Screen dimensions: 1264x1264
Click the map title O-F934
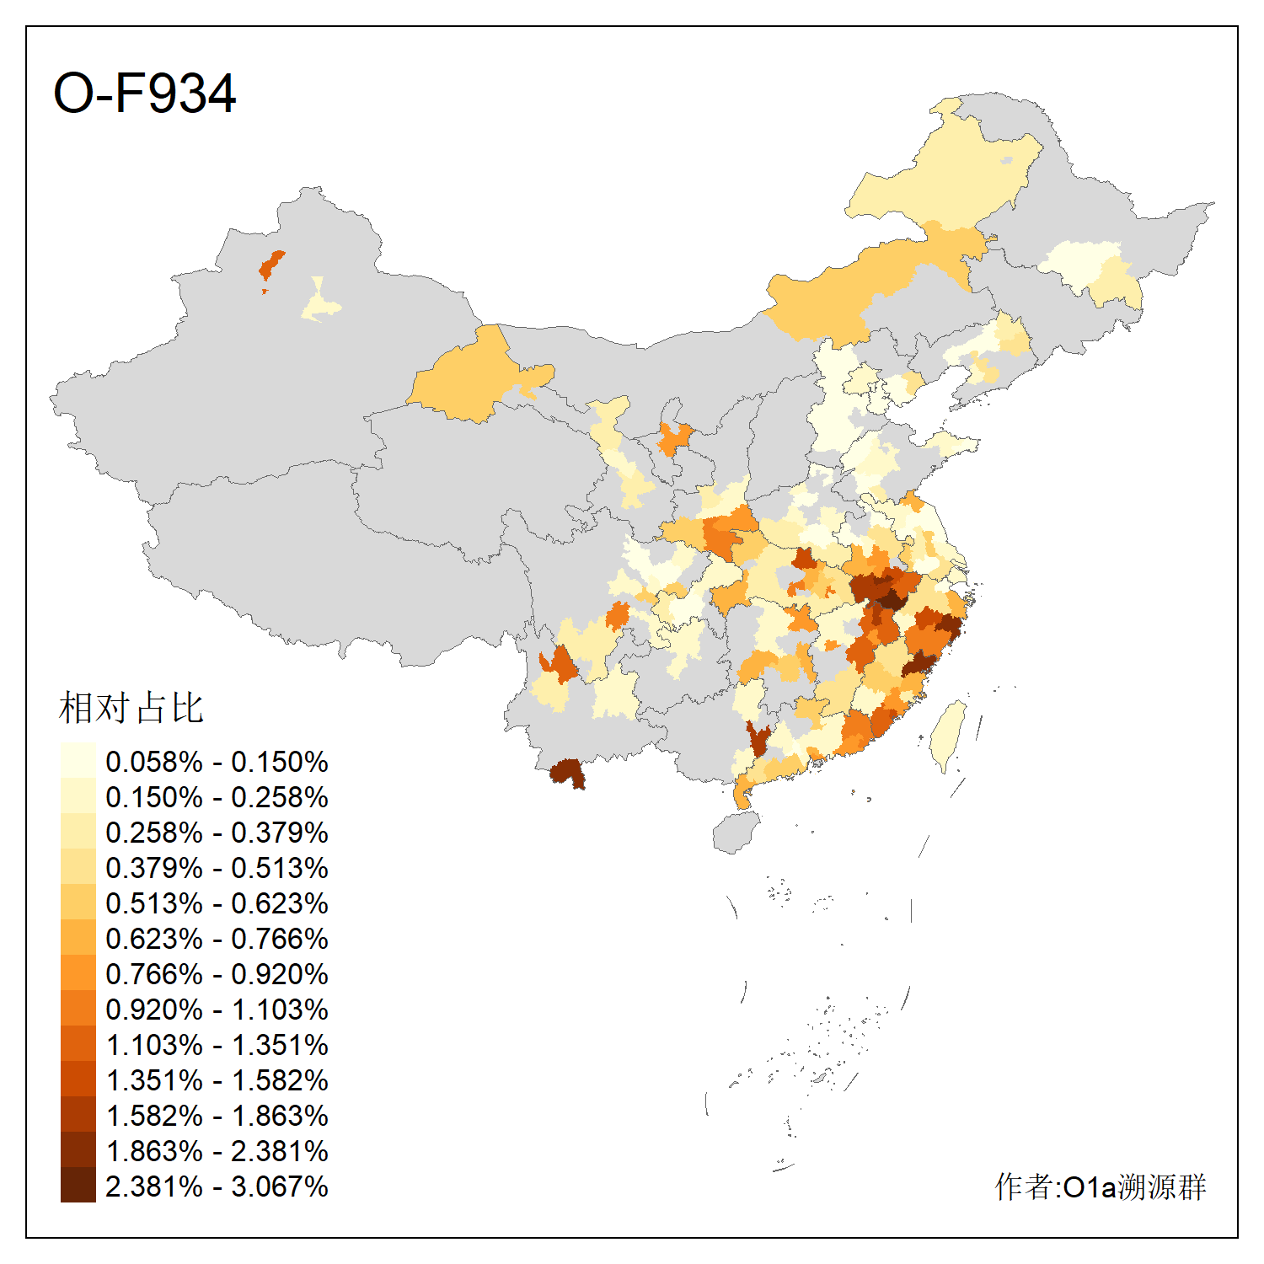point(144,93)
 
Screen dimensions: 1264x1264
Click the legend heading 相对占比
point(131,708)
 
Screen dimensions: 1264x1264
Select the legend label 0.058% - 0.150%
point(217,762)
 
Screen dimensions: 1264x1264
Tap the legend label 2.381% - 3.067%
point(217,1186)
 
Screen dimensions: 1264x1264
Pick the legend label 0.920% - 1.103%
point(217,1010)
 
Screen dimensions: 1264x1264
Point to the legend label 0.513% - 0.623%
point(217,903)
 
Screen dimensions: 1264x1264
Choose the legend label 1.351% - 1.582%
point(217,1080)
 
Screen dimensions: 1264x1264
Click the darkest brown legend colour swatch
point(78,1186)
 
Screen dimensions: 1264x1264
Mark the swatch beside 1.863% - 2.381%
point(78,1150)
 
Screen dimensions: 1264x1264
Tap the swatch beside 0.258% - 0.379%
point(78,832)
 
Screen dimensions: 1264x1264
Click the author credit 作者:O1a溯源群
point(1100,1186)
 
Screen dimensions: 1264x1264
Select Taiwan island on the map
point(950,733)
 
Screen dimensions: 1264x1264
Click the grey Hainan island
point(736,833)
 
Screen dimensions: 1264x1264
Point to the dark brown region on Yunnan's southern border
point(567,771)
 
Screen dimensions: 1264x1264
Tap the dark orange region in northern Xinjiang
point(271,265)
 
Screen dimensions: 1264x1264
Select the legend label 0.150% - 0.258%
point(217,797)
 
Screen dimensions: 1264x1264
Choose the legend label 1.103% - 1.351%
point(217,1045)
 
